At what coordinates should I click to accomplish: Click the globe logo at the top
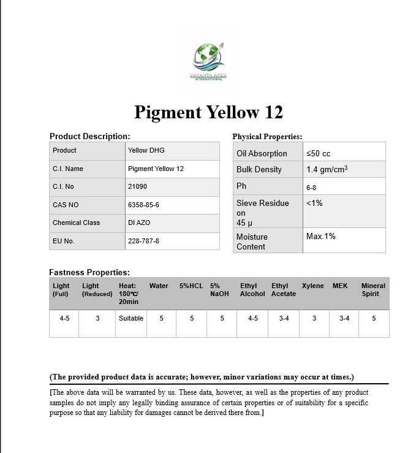(x=208, y=56)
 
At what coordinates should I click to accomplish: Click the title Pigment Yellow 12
(x=208, y=112)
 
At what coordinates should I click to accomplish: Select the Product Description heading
(x=89, y=136)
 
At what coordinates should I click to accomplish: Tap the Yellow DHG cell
(x=146, y=150)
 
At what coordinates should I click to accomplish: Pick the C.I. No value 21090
(x=137, y=186)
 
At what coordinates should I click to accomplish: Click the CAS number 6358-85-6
(x=144, y=205)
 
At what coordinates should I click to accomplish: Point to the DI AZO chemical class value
(x=140, y=223)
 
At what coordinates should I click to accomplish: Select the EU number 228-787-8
(x=143, y=241)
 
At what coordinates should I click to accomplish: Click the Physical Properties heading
(x=267, y=136)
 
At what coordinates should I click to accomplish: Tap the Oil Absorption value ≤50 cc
(x=318, y=153)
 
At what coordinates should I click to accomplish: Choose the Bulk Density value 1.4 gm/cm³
(x=327, y=169)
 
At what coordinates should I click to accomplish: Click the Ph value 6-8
(x=312, y=186)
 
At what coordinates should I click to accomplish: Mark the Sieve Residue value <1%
(x=314, y=203)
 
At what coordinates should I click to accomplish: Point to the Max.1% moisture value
(x=320, y=236)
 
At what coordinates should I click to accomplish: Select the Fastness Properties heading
(x=89, y=272)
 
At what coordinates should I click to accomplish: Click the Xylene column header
(x=313, y=286)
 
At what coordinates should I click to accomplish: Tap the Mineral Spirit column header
(x=373, y=289)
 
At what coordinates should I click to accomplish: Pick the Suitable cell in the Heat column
(x=131, y=318)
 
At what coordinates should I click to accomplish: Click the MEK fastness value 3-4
(x=344, y=318)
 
